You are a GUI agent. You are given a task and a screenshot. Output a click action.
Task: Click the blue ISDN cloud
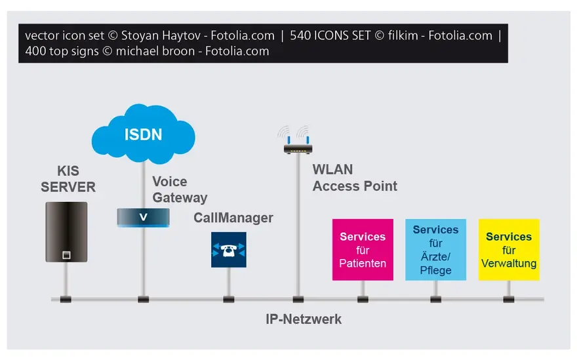tap(143, 134)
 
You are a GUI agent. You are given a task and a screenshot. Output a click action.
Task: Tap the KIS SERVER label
tap(68, 179)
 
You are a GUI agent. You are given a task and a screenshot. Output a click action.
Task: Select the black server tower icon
tap(66, 232)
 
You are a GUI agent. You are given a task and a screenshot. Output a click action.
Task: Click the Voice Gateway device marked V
tap(143, 218)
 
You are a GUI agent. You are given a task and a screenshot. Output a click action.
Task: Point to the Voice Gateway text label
tap(180, 190)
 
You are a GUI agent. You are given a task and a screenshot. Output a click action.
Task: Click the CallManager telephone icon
tap(229, 250)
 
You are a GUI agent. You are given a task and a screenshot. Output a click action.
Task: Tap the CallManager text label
tap(233, 218)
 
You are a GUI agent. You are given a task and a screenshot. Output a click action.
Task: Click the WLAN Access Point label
tap(355, 178)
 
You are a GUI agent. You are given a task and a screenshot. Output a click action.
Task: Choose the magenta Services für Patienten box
tap(363, 250)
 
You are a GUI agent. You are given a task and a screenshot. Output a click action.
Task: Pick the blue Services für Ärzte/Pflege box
tap(435, 250)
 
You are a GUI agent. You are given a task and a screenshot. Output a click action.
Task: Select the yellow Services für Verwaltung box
tap(509, 250)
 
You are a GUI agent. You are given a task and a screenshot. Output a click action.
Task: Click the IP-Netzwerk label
tap(304, 319)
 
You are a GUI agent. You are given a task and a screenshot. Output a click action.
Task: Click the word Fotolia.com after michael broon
tap(237, 51)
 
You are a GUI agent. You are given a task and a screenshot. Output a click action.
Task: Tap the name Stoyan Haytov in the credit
tap(161, 35)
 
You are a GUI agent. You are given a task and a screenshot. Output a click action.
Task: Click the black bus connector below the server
tap(66, 299)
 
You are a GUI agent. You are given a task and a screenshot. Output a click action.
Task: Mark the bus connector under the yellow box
tap(509, 299)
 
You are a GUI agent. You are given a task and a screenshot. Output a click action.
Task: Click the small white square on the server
tap(66, 254)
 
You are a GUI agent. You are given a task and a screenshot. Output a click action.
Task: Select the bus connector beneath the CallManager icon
tap(229, 299)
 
